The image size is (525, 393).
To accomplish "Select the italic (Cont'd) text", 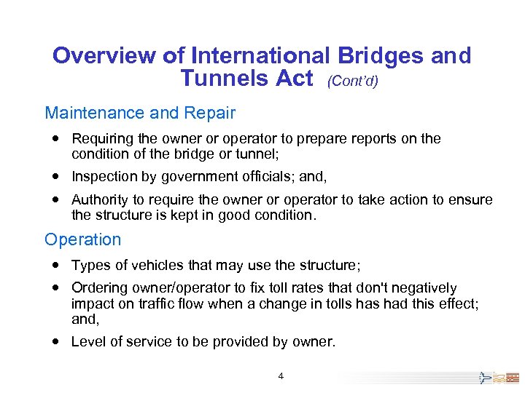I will [x=353, y=82].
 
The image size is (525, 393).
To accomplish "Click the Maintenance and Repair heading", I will [x=140, y=113].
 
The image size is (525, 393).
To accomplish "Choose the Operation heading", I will [x=83, y=239].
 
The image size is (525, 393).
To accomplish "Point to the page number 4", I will [x=281, y=376].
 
